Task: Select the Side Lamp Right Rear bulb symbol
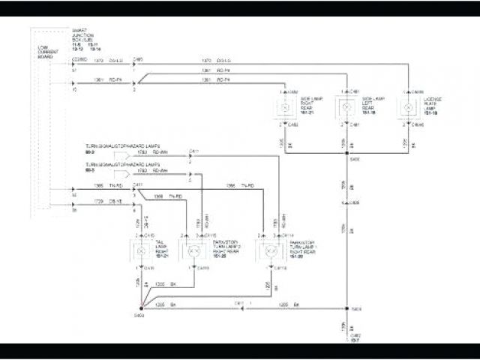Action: tap(284, 108)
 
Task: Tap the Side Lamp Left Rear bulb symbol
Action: tap(346, 108)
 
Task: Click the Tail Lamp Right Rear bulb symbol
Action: tap(140, 250)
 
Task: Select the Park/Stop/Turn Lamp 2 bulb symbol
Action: tap(193, 250)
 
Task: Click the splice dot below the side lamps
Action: tap(346, 157)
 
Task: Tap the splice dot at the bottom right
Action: tap(346, 308)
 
